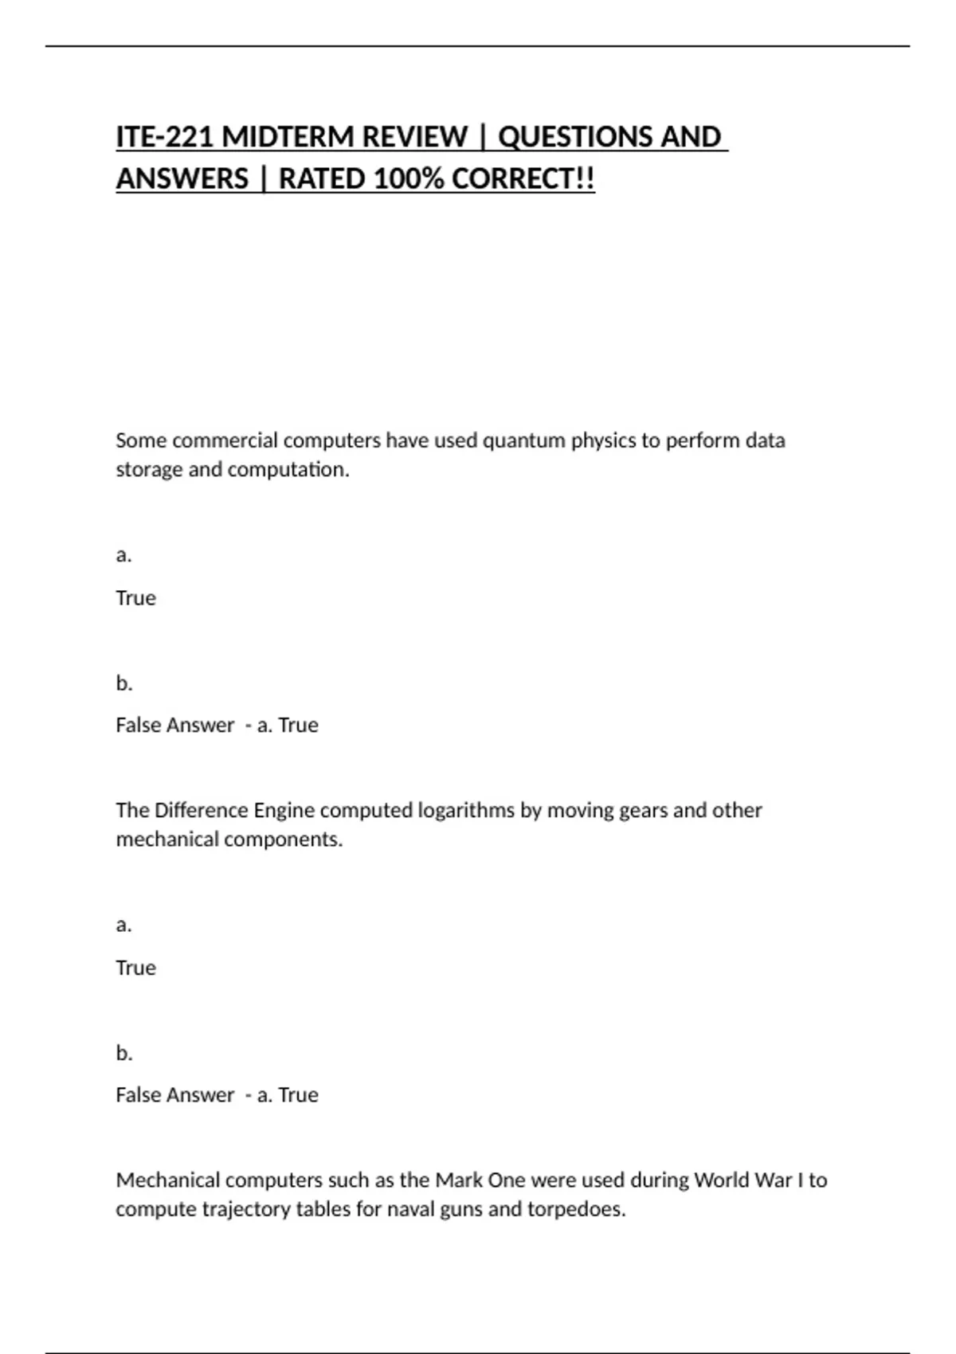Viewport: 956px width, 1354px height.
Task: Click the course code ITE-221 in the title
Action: pos(164,137)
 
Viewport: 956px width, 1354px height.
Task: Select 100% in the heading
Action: pos(408,179)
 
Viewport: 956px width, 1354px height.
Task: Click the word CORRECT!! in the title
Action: pos(523,179)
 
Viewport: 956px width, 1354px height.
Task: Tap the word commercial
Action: pos(225,440)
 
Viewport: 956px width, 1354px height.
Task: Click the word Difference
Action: pos(201,810)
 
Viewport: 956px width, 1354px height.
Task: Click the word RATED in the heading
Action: pos(323,179)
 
